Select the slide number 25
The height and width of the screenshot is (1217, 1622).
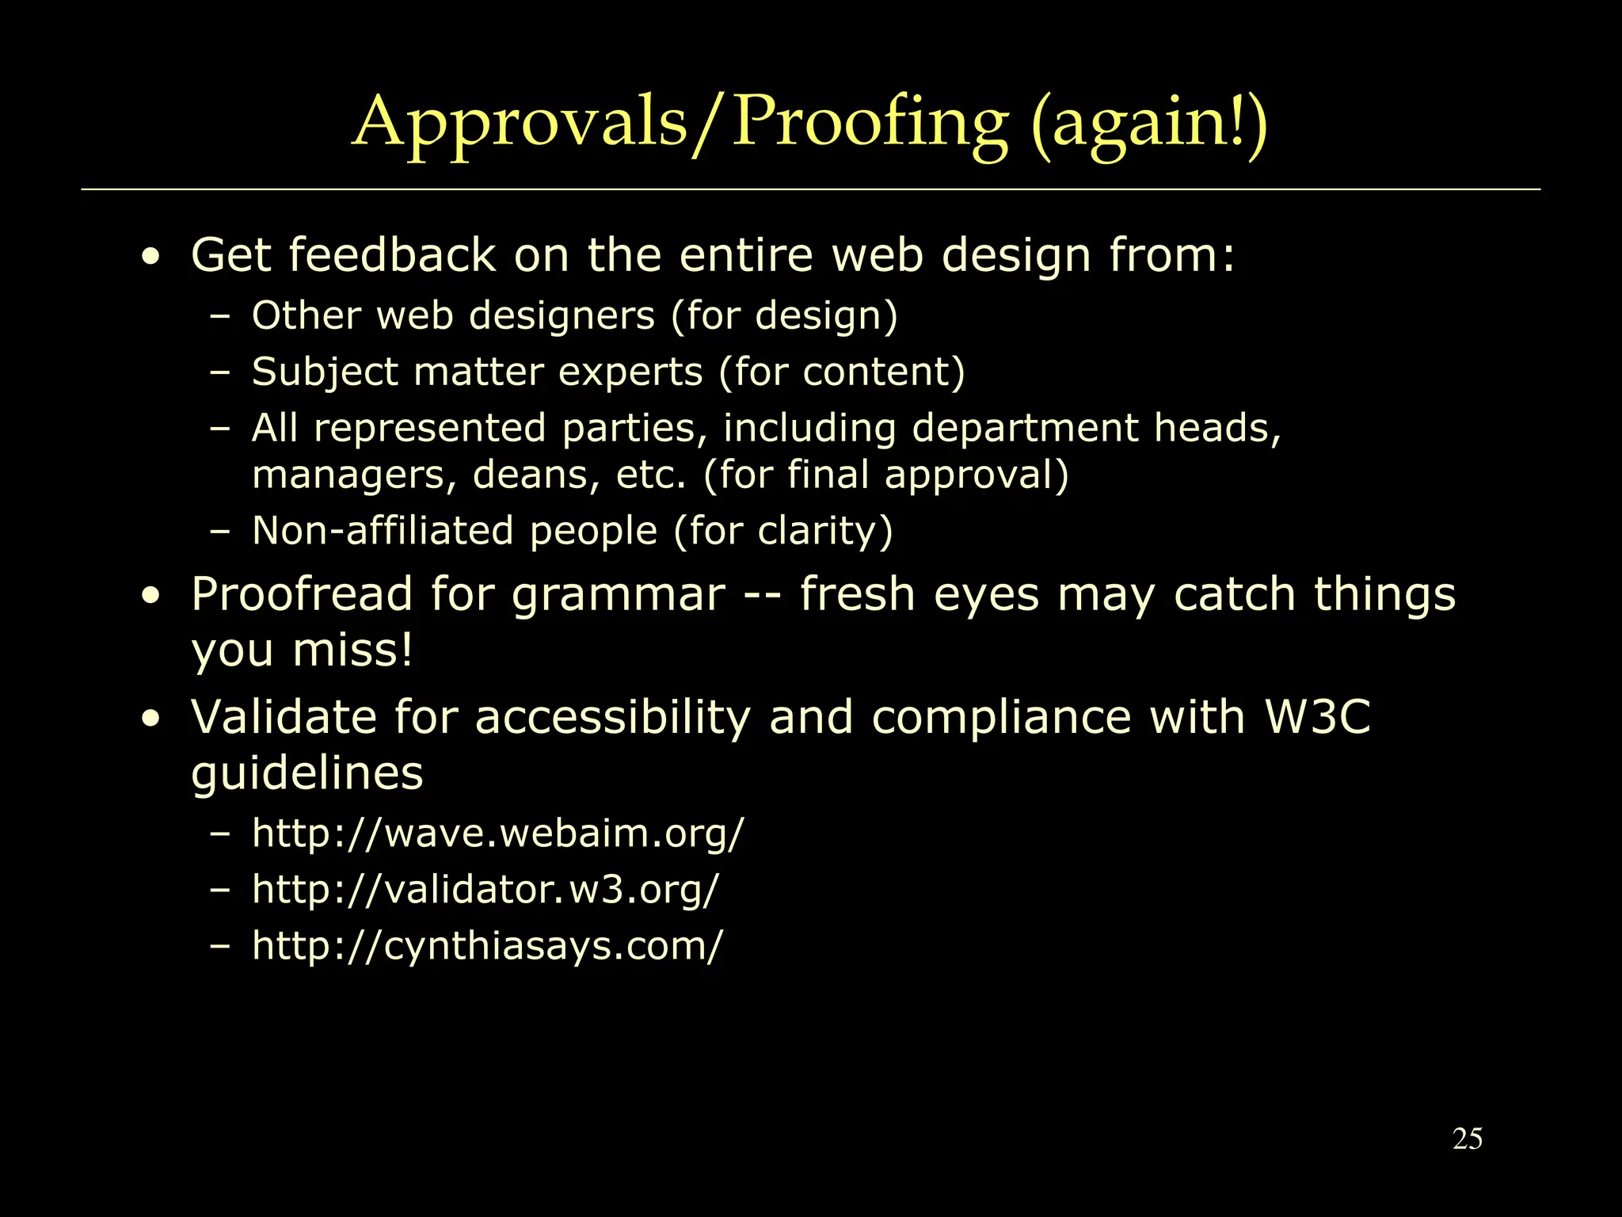tap(1468, 1139)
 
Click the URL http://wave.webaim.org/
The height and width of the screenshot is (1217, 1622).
tap(498, 834)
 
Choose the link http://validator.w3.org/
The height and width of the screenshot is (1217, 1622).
tap(485, 889)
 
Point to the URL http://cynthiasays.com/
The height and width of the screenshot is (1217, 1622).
tap(487, 945)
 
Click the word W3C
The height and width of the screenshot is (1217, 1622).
tap(1317, 717)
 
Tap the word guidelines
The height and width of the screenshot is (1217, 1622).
tap(307, 773)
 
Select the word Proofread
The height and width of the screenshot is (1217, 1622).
tap(302, 594)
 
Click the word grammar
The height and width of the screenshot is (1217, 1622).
tap(618, 596)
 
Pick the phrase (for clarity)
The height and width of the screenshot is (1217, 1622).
tap(783, 531)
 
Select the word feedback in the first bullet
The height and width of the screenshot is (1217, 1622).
tap(392, 255)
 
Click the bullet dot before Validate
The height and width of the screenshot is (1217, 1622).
tap(150, 719)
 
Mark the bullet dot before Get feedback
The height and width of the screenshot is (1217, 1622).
tap(150, 257)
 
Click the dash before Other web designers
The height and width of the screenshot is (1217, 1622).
tap(220, 316)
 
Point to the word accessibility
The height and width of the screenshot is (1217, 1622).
tap(612, 719)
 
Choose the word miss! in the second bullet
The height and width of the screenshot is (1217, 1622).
tap(352, 650)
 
